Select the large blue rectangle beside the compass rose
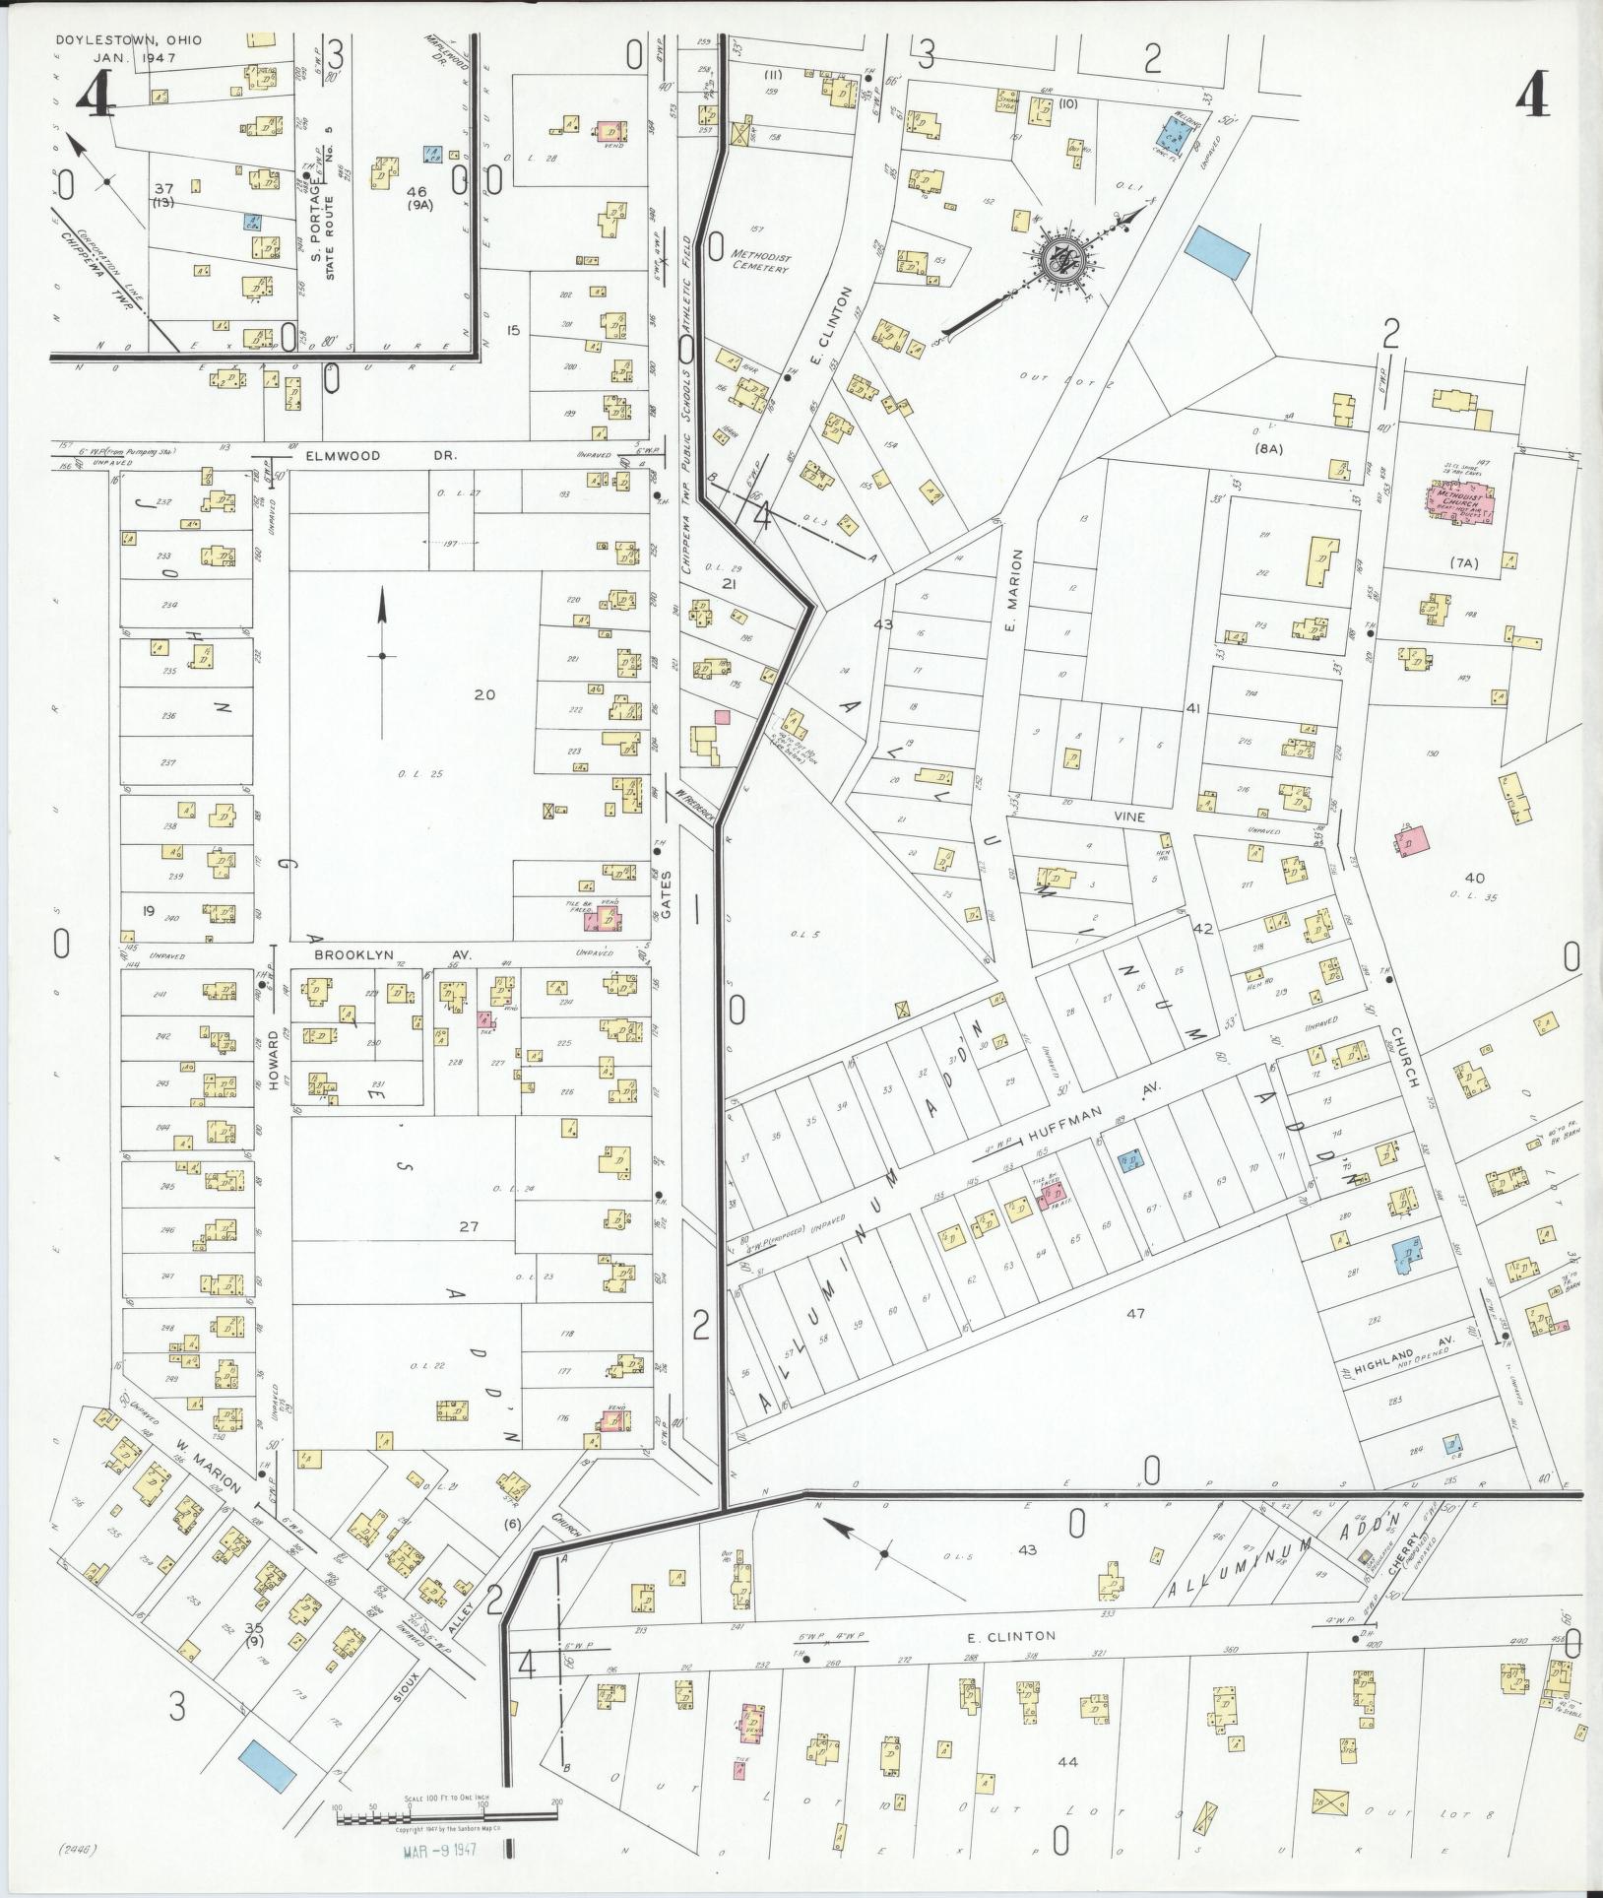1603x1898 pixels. tap(1217, 254)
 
